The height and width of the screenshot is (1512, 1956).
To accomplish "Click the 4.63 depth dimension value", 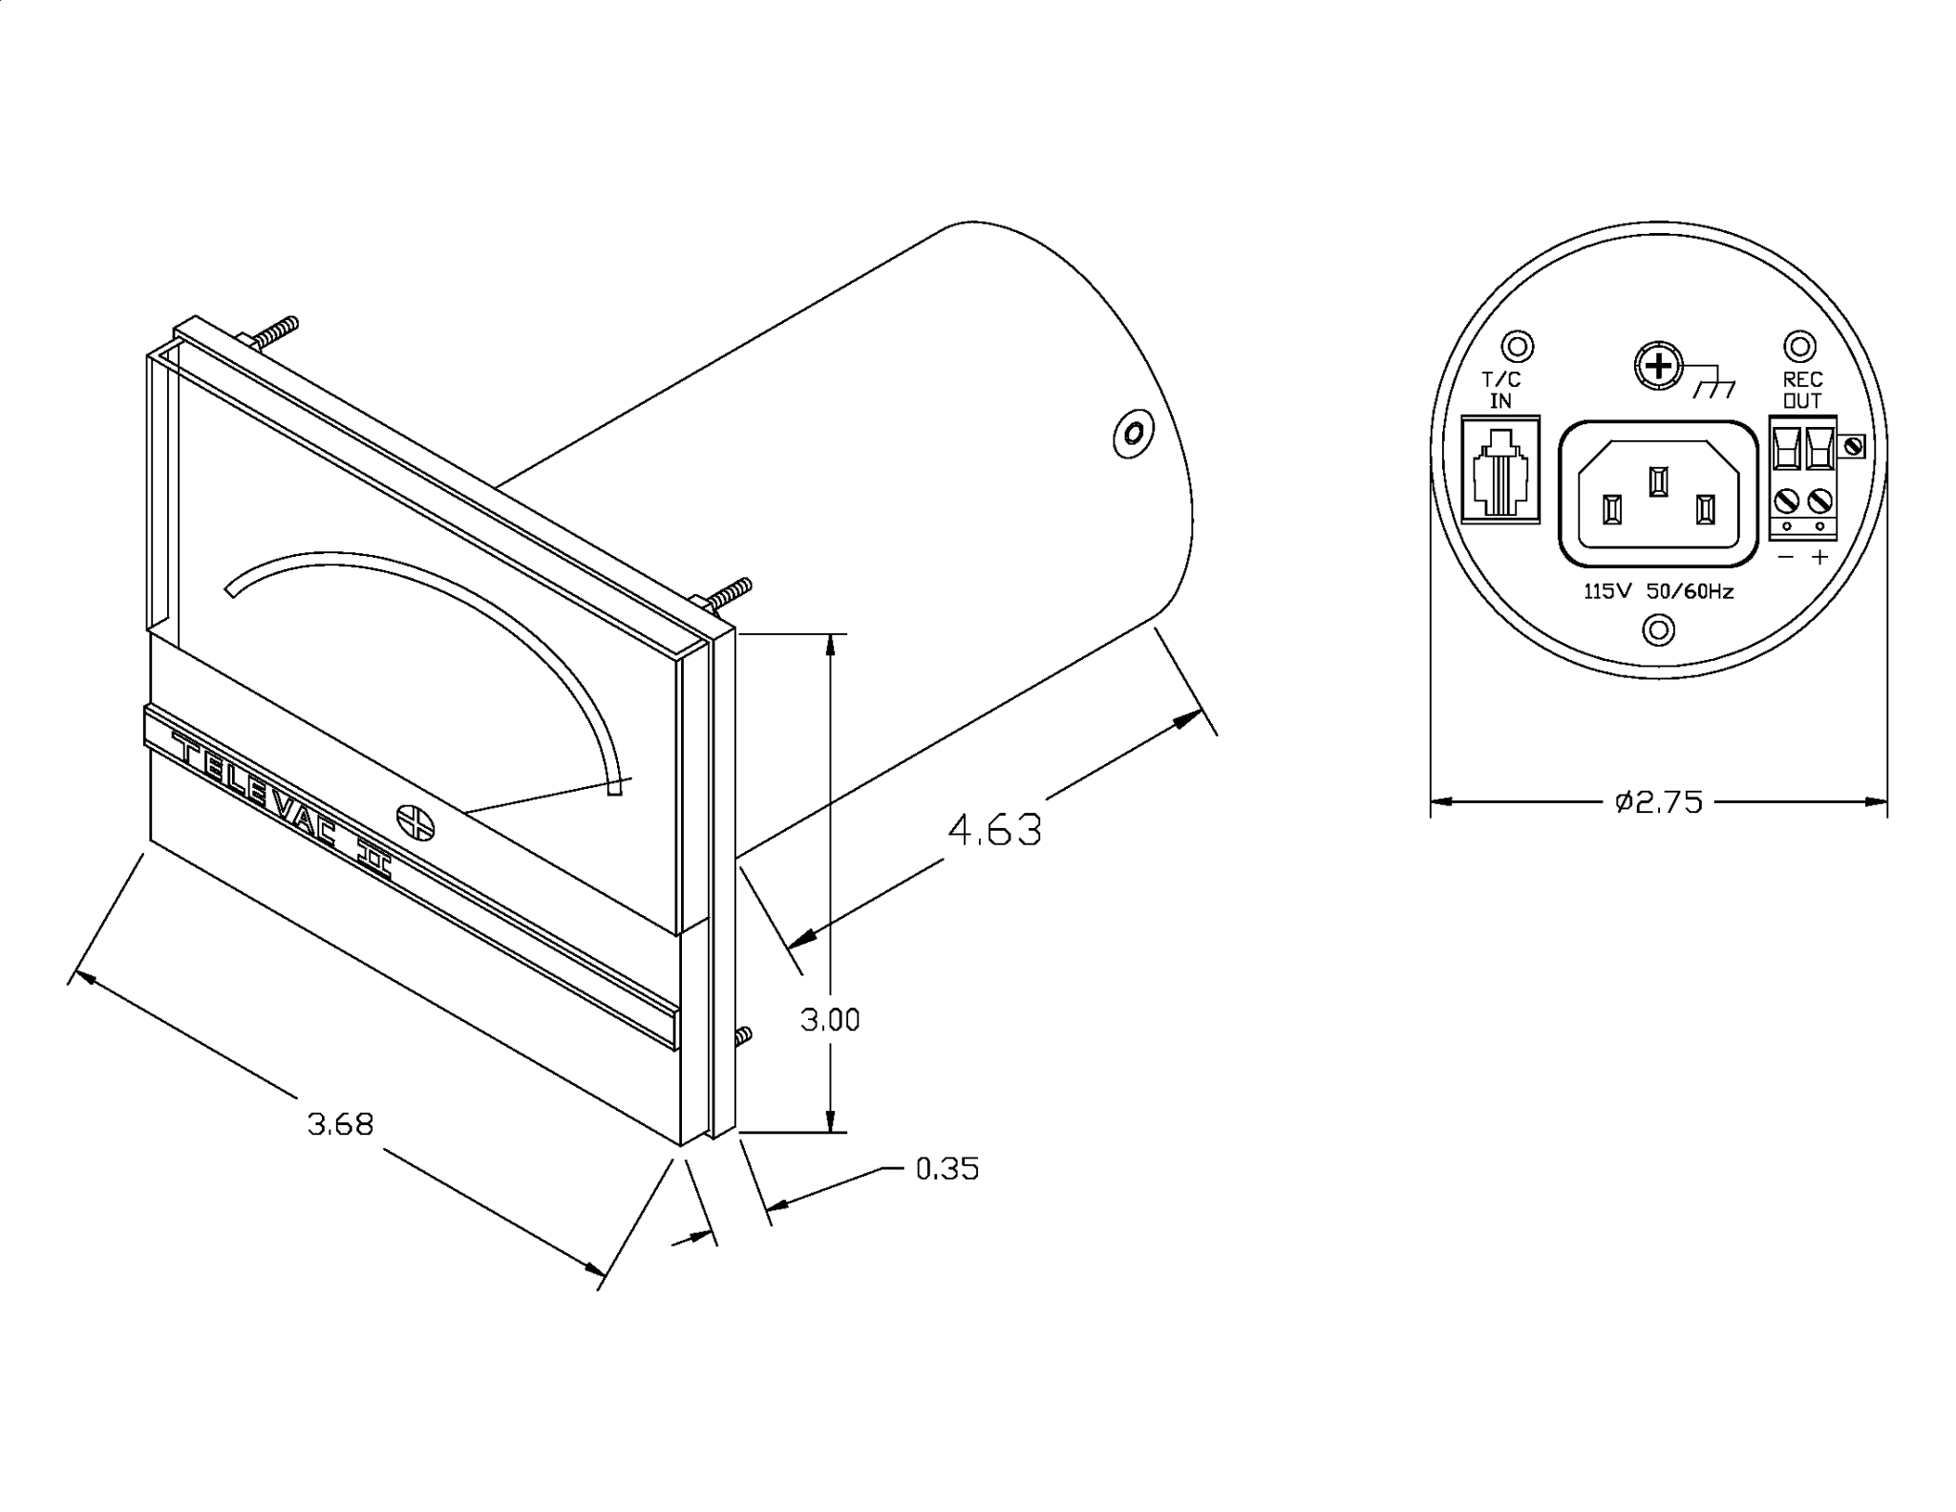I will point(993,830).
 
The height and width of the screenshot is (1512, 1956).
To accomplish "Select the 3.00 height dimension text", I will point(830,1020).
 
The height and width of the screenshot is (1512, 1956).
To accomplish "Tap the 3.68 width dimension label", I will point(340,1124).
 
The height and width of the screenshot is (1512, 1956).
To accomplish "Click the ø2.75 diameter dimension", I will point(1659,802).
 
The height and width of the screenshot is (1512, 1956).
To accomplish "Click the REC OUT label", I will point(1802,391).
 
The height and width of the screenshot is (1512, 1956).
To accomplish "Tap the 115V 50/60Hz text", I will point(1659,591).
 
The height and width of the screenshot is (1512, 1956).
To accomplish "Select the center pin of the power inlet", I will point(1659,481).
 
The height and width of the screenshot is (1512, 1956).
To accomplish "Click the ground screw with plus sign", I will point(1660,366).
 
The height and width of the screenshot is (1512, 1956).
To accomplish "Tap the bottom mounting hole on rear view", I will point(1659,629).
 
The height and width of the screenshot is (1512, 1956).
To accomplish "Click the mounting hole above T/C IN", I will point(1518,346).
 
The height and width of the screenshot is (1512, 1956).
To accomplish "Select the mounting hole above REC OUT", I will point(1800,346).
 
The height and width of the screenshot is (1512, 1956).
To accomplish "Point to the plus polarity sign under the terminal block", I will point(1819,557).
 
